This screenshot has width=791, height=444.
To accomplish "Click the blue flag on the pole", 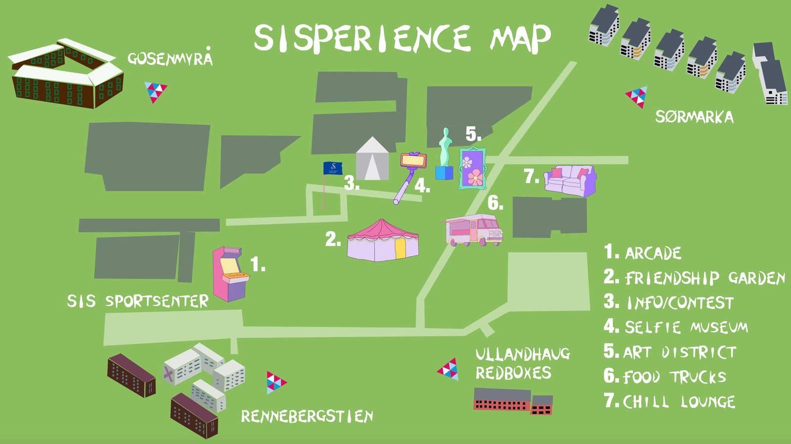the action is pos(332,169).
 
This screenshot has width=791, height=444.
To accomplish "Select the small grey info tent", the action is pos(372,159).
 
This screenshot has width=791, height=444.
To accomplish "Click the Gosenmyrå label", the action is pos(170,58).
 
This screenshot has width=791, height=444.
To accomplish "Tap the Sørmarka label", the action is pos(694,117).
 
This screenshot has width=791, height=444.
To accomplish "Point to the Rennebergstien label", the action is pos(307,416).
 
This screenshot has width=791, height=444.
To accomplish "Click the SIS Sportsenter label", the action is pos(137,301).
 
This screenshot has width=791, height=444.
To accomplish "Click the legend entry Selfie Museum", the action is pos(685,327).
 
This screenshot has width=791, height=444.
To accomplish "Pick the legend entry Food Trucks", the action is pos(674,377).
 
